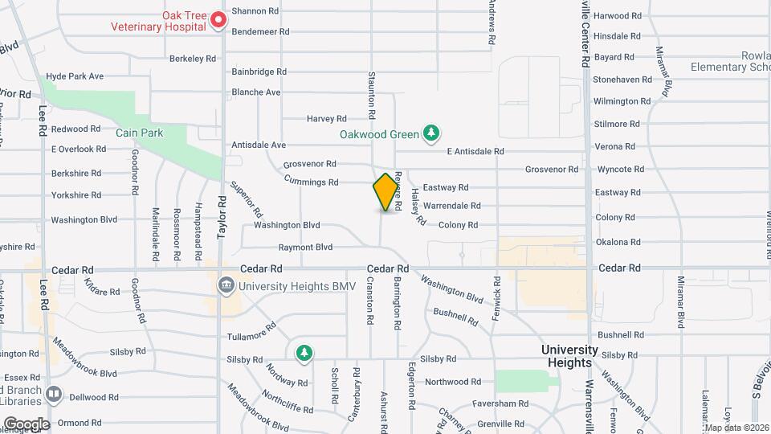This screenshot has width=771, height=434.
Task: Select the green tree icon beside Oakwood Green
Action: tap(432, 133)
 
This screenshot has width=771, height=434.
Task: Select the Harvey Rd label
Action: tap(326, 119)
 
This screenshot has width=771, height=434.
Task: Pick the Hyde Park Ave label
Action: tap(75, 76)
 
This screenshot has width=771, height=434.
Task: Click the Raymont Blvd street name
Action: tap(305, 248)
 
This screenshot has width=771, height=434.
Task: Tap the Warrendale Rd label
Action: tap(451, 206)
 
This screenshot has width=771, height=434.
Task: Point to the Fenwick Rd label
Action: tap(496, 299)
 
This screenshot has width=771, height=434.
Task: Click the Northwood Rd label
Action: tap(452, 382)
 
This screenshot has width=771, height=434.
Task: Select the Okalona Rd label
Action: tap(617, 242)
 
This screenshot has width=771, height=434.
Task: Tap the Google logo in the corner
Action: tap(26, 424)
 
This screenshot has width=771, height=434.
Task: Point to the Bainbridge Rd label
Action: tap(259, 72)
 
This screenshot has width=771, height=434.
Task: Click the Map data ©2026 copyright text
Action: tap(735, 428)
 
